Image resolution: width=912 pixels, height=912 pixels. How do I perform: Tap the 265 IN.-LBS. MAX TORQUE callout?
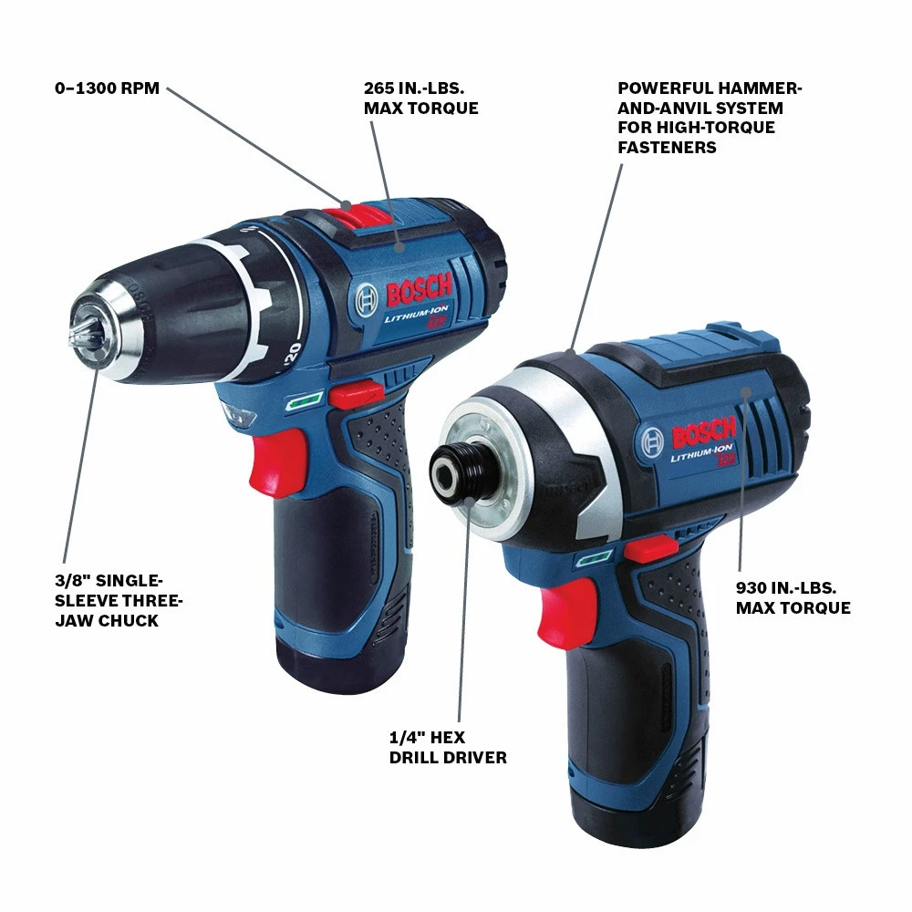[420, 98]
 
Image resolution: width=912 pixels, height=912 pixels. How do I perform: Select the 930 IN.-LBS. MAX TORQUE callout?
[793, 598]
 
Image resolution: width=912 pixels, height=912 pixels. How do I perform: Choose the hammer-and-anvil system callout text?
[710, 118]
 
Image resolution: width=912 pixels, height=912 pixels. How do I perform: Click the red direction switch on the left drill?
[356, 393]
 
